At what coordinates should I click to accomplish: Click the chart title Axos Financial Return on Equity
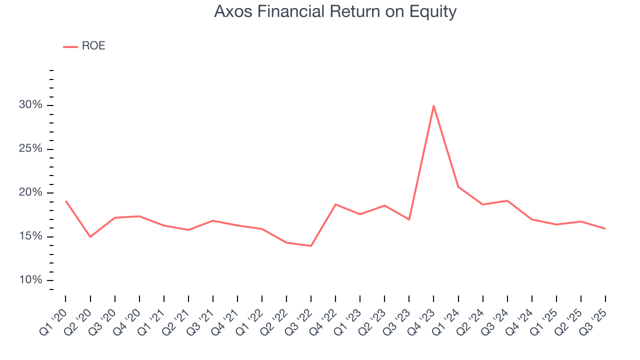335,11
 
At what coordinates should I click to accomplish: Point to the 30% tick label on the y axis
31,105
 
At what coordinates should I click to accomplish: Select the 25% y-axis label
31,149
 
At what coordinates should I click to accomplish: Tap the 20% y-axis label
31,193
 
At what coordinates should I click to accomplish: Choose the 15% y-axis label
31,236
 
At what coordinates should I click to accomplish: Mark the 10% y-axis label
31,280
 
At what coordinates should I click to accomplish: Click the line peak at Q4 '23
433,105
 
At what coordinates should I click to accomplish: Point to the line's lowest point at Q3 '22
311,246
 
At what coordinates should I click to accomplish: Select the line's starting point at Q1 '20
65,201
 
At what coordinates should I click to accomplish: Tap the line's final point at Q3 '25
605,228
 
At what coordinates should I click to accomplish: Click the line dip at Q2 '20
90,237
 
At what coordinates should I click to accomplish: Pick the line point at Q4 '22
335,204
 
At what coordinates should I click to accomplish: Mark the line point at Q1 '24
458,187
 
